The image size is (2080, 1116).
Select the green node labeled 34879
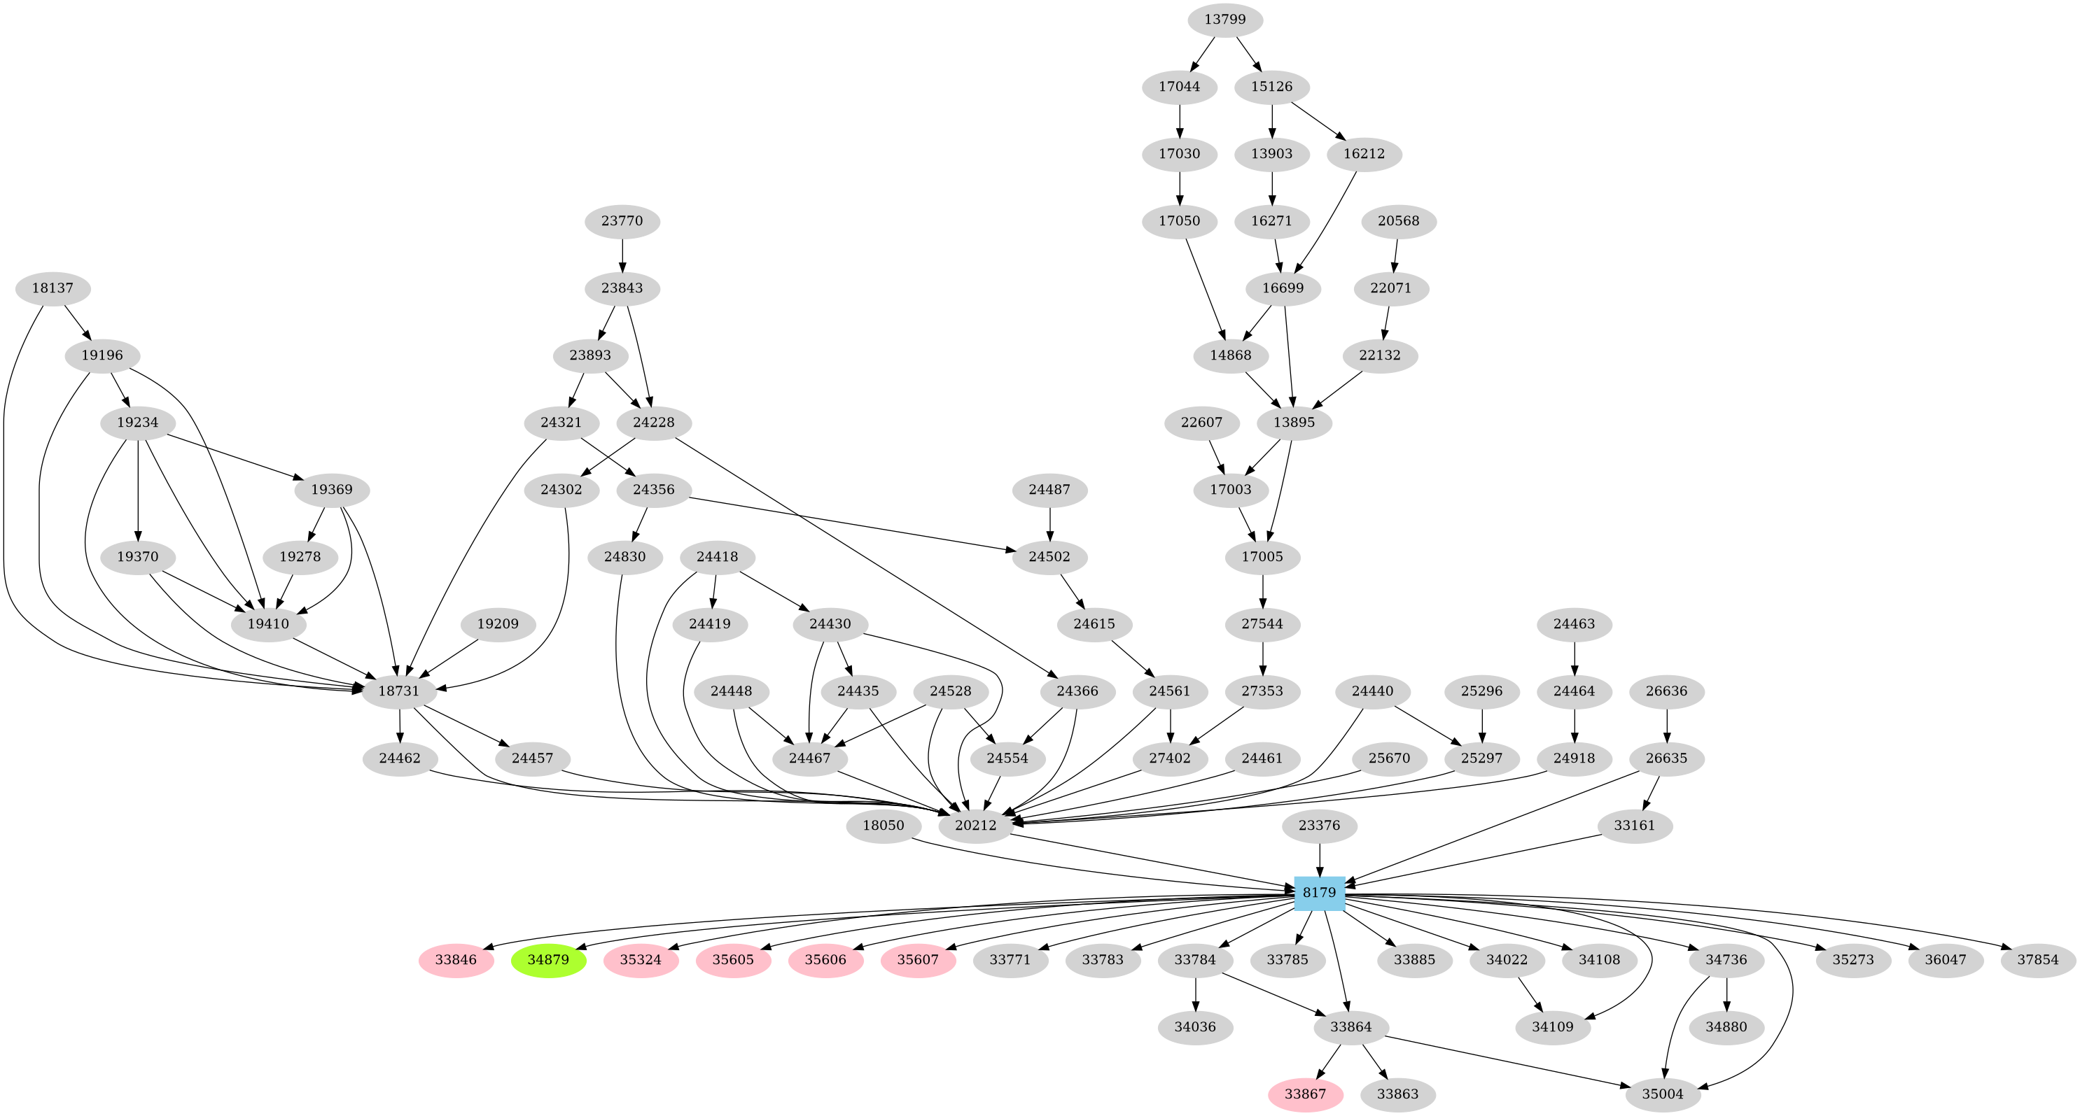pyautogui.click(x=548, y=960)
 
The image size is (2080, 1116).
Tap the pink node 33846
pyautogui.click(x=456, y=960)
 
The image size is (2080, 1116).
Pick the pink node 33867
pyautogui.click(x=1306, y=1094)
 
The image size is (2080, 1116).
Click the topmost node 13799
pyautogui.click(x=1225, y=20)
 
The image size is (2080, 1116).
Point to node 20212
pyautogui.click(x=975, y=826)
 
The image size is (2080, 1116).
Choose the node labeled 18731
pyautogui.click(x=400, y=691)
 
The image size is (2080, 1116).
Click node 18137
pyautogui.click(x=53, y=288)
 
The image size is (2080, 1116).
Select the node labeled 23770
pyautogui.click(x=622, y=221)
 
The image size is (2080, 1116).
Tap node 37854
pyautogui.click(x=2039, y=960)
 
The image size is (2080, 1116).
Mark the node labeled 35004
pyautogui.click(x=1663, y=1094)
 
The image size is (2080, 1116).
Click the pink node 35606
pyautogui.click(x=826, y=960)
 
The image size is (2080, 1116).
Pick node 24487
pyautogui.click(x=1049, y=490)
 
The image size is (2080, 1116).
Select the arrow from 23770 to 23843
pyautogui.click(x=622, y=254)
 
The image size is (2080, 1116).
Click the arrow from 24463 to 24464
pyautogui.click(x=1575, y=658)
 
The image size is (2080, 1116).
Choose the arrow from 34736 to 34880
pyautogui.click(x=1726, y=994)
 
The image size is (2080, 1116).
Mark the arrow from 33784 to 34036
pyautogui.click(x=1196, y=994)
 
